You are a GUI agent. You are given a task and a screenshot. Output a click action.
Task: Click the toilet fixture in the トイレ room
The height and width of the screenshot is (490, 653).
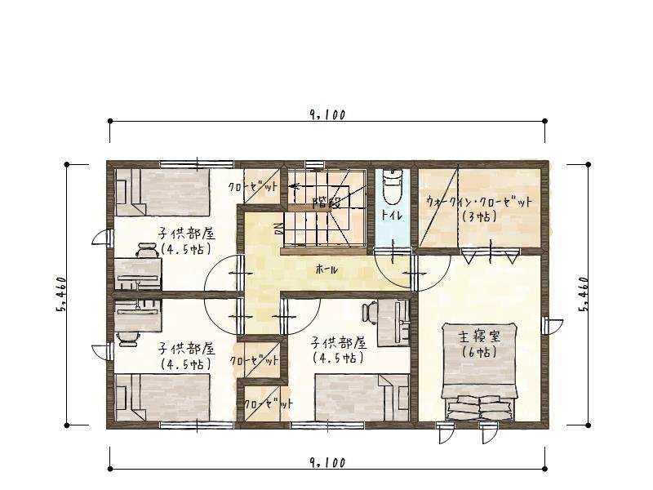point(393,186)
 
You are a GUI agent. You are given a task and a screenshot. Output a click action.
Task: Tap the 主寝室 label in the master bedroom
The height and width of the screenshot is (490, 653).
point(479,336)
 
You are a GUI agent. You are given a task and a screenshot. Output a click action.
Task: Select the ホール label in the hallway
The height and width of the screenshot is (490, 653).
point(326,270)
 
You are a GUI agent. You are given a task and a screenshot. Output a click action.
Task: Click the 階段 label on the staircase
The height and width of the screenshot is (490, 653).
point(327,203)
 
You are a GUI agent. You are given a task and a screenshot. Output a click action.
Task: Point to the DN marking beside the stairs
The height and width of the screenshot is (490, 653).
point(278,229)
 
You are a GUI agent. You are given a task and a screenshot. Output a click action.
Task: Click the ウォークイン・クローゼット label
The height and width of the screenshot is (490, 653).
point(479,202)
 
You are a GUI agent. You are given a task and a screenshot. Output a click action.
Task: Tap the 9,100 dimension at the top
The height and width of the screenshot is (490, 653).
point(327,114)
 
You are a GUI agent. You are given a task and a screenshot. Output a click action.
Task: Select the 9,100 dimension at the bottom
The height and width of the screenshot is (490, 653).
point(327,462)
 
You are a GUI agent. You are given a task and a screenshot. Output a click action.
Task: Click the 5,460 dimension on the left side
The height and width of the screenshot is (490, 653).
point(60,295)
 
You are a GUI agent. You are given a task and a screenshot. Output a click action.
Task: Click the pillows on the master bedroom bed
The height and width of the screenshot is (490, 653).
point(479,408)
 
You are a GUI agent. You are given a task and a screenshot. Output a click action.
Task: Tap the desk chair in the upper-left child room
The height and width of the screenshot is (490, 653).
point(147,250)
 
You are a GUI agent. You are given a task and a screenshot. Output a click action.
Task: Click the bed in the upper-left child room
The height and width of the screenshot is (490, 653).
point(162,192)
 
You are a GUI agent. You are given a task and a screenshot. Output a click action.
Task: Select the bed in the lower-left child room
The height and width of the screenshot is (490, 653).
point(162,398)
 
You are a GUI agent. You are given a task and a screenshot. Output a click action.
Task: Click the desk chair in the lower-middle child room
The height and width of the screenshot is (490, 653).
point(370,312)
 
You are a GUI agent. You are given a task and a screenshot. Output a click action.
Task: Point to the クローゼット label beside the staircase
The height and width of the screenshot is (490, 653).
point(253,187)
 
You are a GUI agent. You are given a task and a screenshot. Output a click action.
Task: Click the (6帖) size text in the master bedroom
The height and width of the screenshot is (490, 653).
point(479,353)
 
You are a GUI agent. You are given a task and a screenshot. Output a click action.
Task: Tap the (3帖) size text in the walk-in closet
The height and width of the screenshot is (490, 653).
point(479,216)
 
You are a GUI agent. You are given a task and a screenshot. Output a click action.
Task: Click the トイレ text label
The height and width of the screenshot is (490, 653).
point(392,216)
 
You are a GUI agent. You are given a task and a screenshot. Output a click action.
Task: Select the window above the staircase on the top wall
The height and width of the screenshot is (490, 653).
point(314,164)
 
